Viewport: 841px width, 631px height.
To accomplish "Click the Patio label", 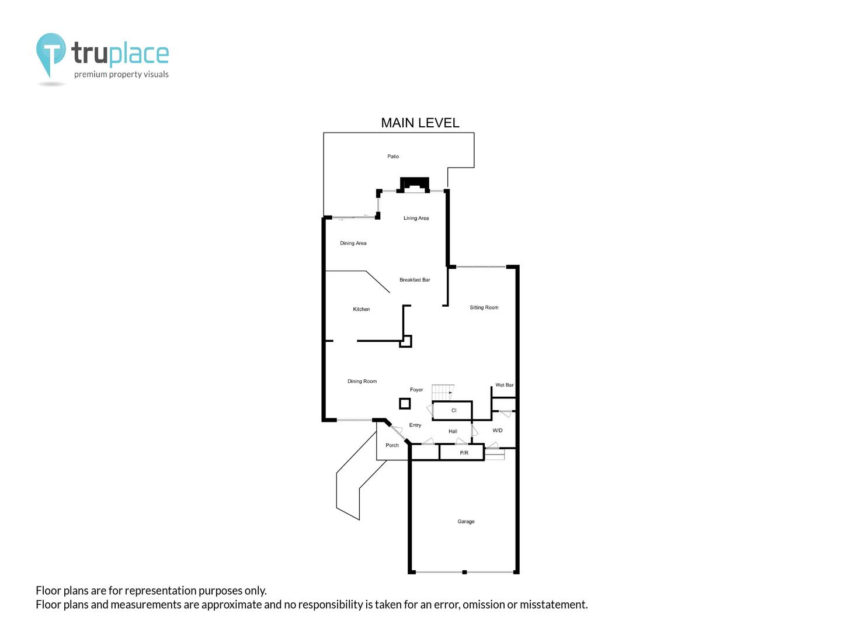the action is (392, 157).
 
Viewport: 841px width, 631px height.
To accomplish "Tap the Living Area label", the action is (416, 218).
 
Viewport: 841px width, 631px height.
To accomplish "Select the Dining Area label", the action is (353, 243).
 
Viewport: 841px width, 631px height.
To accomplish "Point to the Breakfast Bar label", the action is (415, 280).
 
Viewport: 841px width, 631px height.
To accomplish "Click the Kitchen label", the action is (361, 309).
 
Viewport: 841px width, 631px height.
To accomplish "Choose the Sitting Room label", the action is (484, 307).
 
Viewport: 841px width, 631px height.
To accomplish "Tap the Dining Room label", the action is (362, 381).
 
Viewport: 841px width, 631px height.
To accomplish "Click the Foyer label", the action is (416, 390).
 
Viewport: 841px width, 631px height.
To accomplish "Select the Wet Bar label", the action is (504, 385).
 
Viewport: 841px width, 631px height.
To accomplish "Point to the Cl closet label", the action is (454, 410).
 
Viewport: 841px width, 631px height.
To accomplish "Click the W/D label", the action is (497, 431).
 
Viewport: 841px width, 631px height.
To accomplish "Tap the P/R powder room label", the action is (464, 453).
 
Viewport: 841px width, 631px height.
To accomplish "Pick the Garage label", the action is (465, 521).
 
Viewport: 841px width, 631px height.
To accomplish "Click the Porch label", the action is (391, 445).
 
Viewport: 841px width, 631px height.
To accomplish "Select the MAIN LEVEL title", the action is (419, 123).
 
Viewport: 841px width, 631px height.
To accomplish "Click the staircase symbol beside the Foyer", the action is (443, 392).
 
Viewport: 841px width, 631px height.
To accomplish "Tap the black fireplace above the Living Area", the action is (414, 184).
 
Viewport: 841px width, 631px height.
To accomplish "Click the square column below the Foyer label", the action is (405, 403).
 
